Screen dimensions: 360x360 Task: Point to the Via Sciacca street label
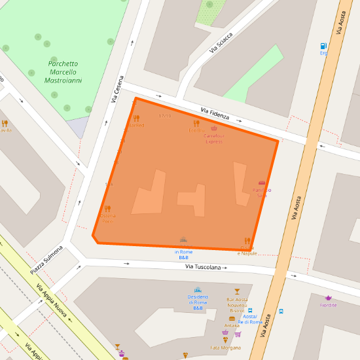tap(221, 43)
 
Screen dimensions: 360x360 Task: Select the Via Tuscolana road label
tap(206, 267)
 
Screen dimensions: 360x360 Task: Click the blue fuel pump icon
tap(323, 46)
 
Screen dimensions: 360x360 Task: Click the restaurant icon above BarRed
tap(136, 118)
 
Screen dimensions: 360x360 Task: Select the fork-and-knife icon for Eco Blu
tap(196, 123)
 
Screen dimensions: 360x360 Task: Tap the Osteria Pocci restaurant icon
tap(108, 209)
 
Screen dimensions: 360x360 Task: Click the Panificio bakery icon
tap(262, 183)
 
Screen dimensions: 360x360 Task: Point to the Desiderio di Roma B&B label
tap(198, 302)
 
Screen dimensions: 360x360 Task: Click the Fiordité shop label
tap(329, 305)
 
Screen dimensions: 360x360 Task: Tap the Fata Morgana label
tap(225, 347)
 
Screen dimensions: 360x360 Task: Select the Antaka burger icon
tap(232, 318)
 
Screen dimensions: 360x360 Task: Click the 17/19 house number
tap(164, 116)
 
